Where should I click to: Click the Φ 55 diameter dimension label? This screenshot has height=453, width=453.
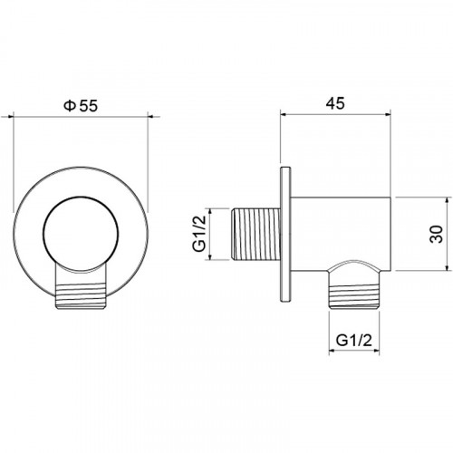(x=81, y=106)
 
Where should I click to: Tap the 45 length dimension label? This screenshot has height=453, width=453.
(x=335, y=103)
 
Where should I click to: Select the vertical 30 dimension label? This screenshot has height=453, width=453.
(x=437, y=234)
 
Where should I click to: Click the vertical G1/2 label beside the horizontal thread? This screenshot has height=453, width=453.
(x=198, y=234)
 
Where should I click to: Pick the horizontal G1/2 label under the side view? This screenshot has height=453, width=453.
(x=353, y=341)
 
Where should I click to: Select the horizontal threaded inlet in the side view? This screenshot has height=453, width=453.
(x=255, y=234)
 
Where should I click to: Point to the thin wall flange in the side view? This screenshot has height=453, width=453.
(x=285, y=235)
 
